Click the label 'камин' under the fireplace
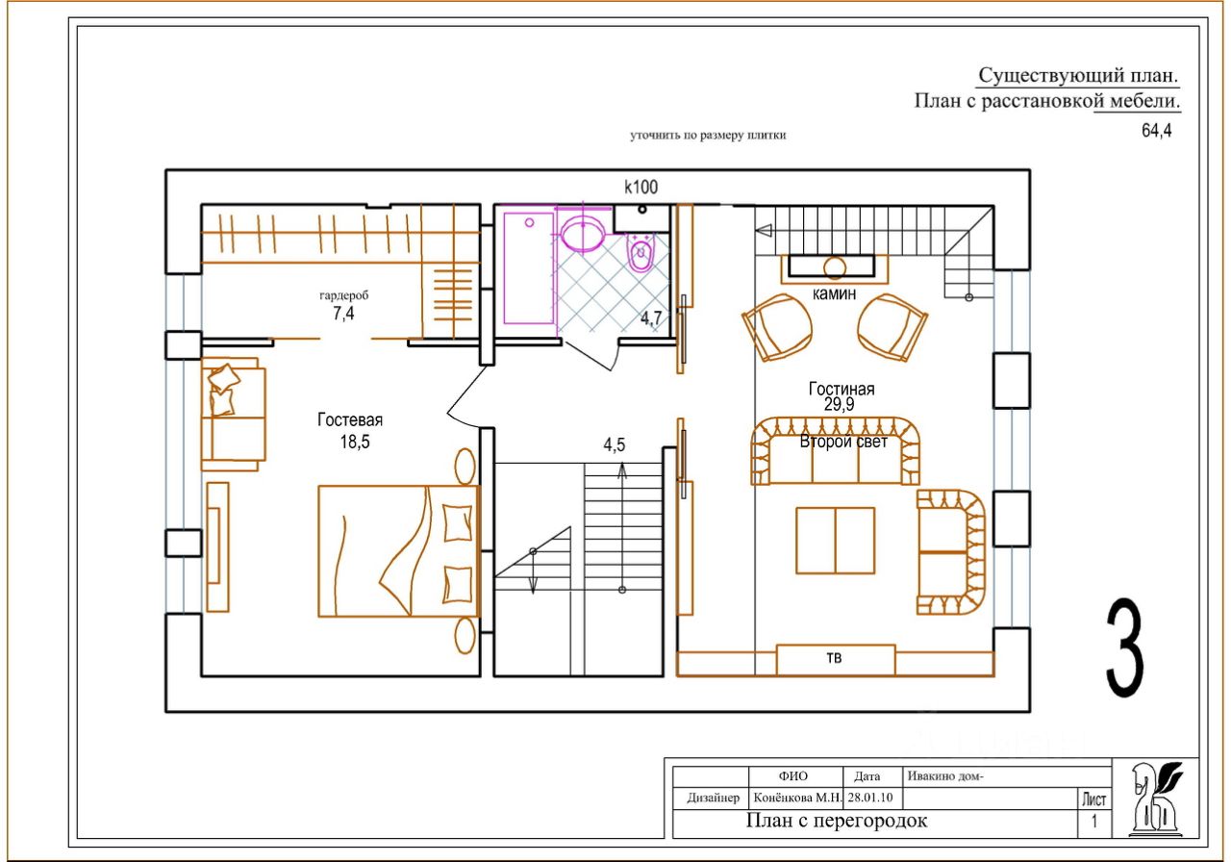tap(834, 294)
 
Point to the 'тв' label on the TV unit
tap(834, 657)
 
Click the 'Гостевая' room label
tap(350, 420)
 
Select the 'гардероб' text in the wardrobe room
tap(344, 295)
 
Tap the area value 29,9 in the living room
tap(840, 405)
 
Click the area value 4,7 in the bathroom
tap(651, 318)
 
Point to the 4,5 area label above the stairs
tap(615, 444)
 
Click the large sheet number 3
tap(1125, 647)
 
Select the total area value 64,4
tap(1157, 131)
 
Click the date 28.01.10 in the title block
tap(870, 798)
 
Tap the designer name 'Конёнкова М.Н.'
tap(797, 798)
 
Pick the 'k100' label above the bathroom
tap(641, 188)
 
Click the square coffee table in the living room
tap(836, 541)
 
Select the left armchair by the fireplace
tap(777, 327)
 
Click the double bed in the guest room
tap(399, 551)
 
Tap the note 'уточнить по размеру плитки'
tap(708, 136)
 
